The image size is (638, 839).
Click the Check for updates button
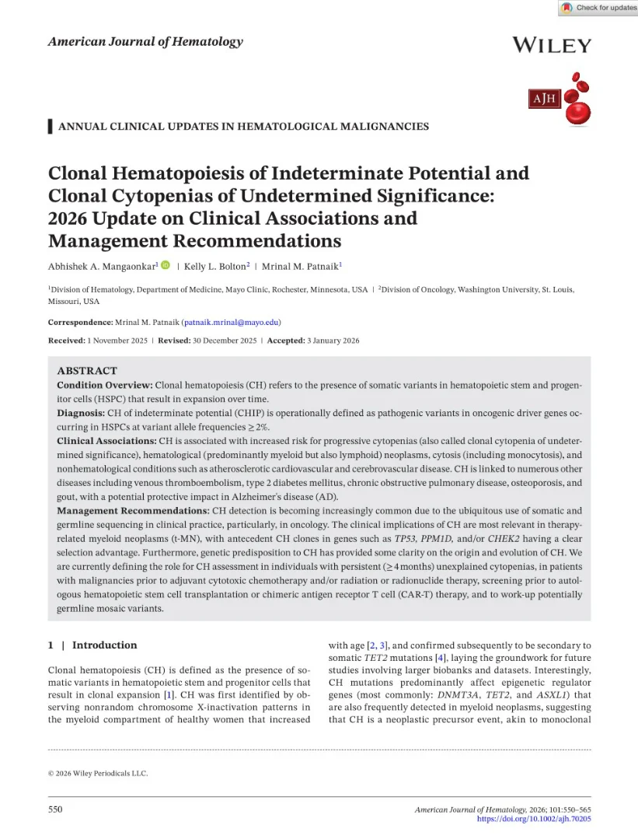click(x=597, y=8)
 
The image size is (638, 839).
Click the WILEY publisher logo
click(x=552, y=45)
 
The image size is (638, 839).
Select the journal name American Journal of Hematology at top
click(x=145, y=42)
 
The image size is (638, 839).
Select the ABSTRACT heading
click(x=87, y=371)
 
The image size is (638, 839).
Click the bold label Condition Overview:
click(x=105, y=386)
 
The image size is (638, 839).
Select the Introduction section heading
click(x=104, y=645)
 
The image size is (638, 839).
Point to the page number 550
click(x=55, y=809)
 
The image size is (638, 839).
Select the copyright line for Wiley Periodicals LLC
click(x=98, y=773)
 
